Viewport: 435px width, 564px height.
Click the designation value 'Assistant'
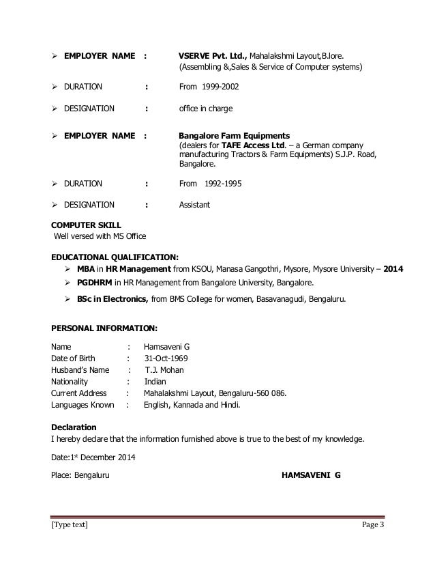[x=194, y=204]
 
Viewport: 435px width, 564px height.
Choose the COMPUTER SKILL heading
[x=85, y=224]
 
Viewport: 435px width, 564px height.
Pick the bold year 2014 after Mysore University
[x=393, y=269]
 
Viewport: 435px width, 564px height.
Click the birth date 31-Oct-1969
[x=167, y=358]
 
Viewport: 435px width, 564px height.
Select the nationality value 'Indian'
[x=154, y=381]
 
